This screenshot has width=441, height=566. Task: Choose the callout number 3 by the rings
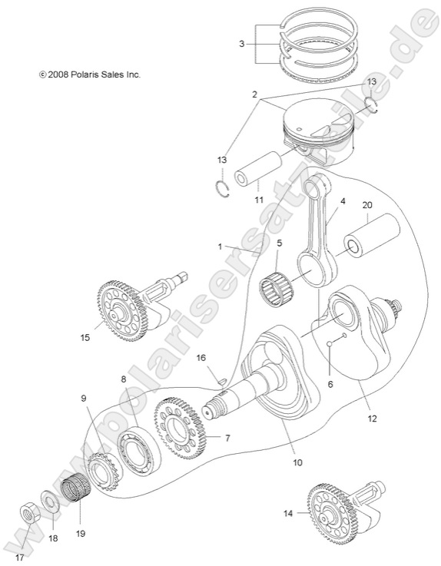(x=241, y=44)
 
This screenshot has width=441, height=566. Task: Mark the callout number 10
(x=297, y=463)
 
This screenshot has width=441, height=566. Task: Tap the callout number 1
(x=220, y=247)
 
